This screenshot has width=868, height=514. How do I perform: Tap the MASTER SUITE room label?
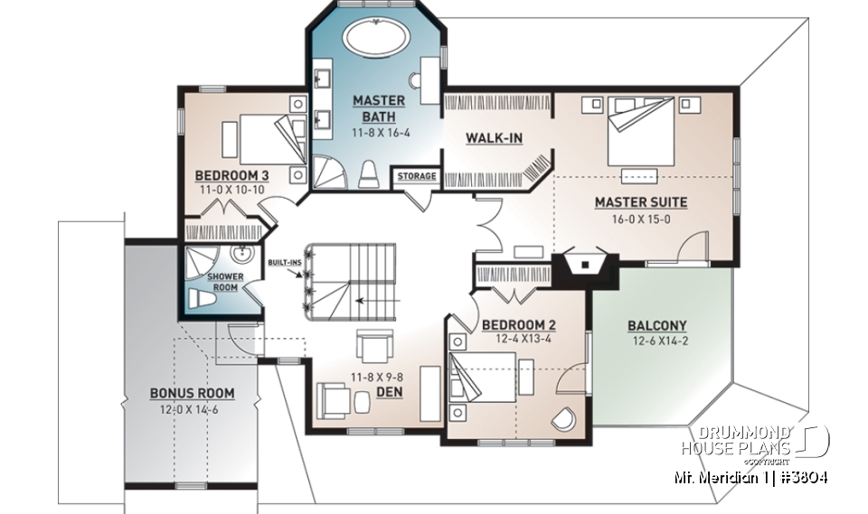click(x=640, y=202)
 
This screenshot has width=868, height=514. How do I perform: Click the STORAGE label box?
click(x=417, y=176)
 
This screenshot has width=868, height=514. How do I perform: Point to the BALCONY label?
click(x=657, y=326)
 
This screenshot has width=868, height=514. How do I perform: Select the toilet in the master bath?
click(x=368, y=174)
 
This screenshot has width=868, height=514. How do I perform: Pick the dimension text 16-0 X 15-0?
click(x=640, y=219)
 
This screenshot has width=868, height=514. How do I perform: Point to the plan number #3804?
click(x=803, y=476)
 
